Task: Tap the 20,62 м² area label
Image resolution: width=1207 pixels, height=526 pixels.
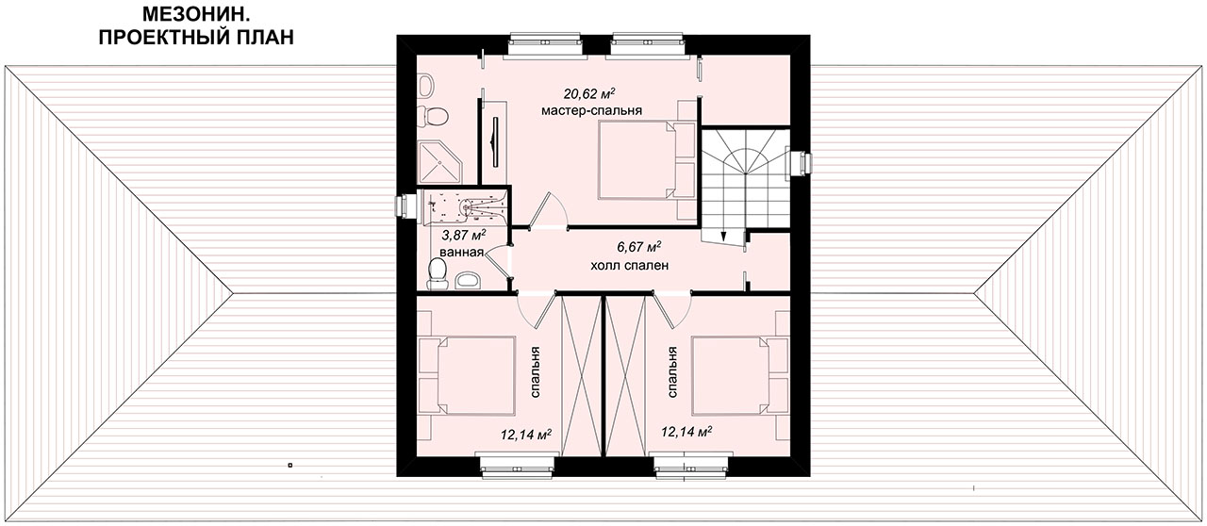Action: (589, 93)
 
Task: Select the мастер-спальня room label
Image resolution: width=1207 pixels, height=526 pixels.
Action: (591, 111)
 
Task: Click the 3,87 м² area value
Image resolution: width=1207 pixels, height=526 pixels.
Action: (464, 235)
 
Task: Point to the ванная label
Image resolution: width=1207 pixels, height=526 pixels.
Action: (461, 253)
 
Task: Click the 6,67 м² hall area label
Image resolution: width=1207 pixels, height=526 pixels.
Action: (639, 247)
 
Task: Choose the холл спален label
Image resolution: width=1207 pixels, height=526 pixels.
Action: (629, 265)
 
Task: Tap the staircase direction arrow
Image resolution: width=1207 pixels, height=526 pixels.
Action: (723, 235)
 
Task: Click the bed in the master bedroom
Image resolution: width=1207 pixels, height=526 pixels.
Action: (637, 159)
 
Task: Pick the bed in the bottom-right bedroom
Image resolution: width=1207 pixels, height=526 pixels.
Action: (730, 375)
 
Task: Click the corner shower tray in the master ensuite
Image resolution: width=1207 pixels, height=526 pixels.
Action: (440, 162)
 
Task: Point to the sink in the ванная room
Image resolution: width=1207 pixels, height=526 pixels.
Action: (469, 280)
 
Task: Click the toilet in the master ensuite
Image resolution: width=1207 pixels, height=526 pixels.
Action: (435, 116)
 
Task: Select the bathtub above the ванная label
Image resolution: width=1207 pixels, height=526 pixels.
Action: (465, 205)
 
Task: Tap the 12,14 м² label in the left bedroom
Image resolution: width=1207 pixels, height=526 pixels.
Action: (526, 435)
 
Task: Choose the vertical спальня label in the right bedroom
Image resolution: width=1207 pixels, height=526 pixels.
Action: (672, 371)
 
